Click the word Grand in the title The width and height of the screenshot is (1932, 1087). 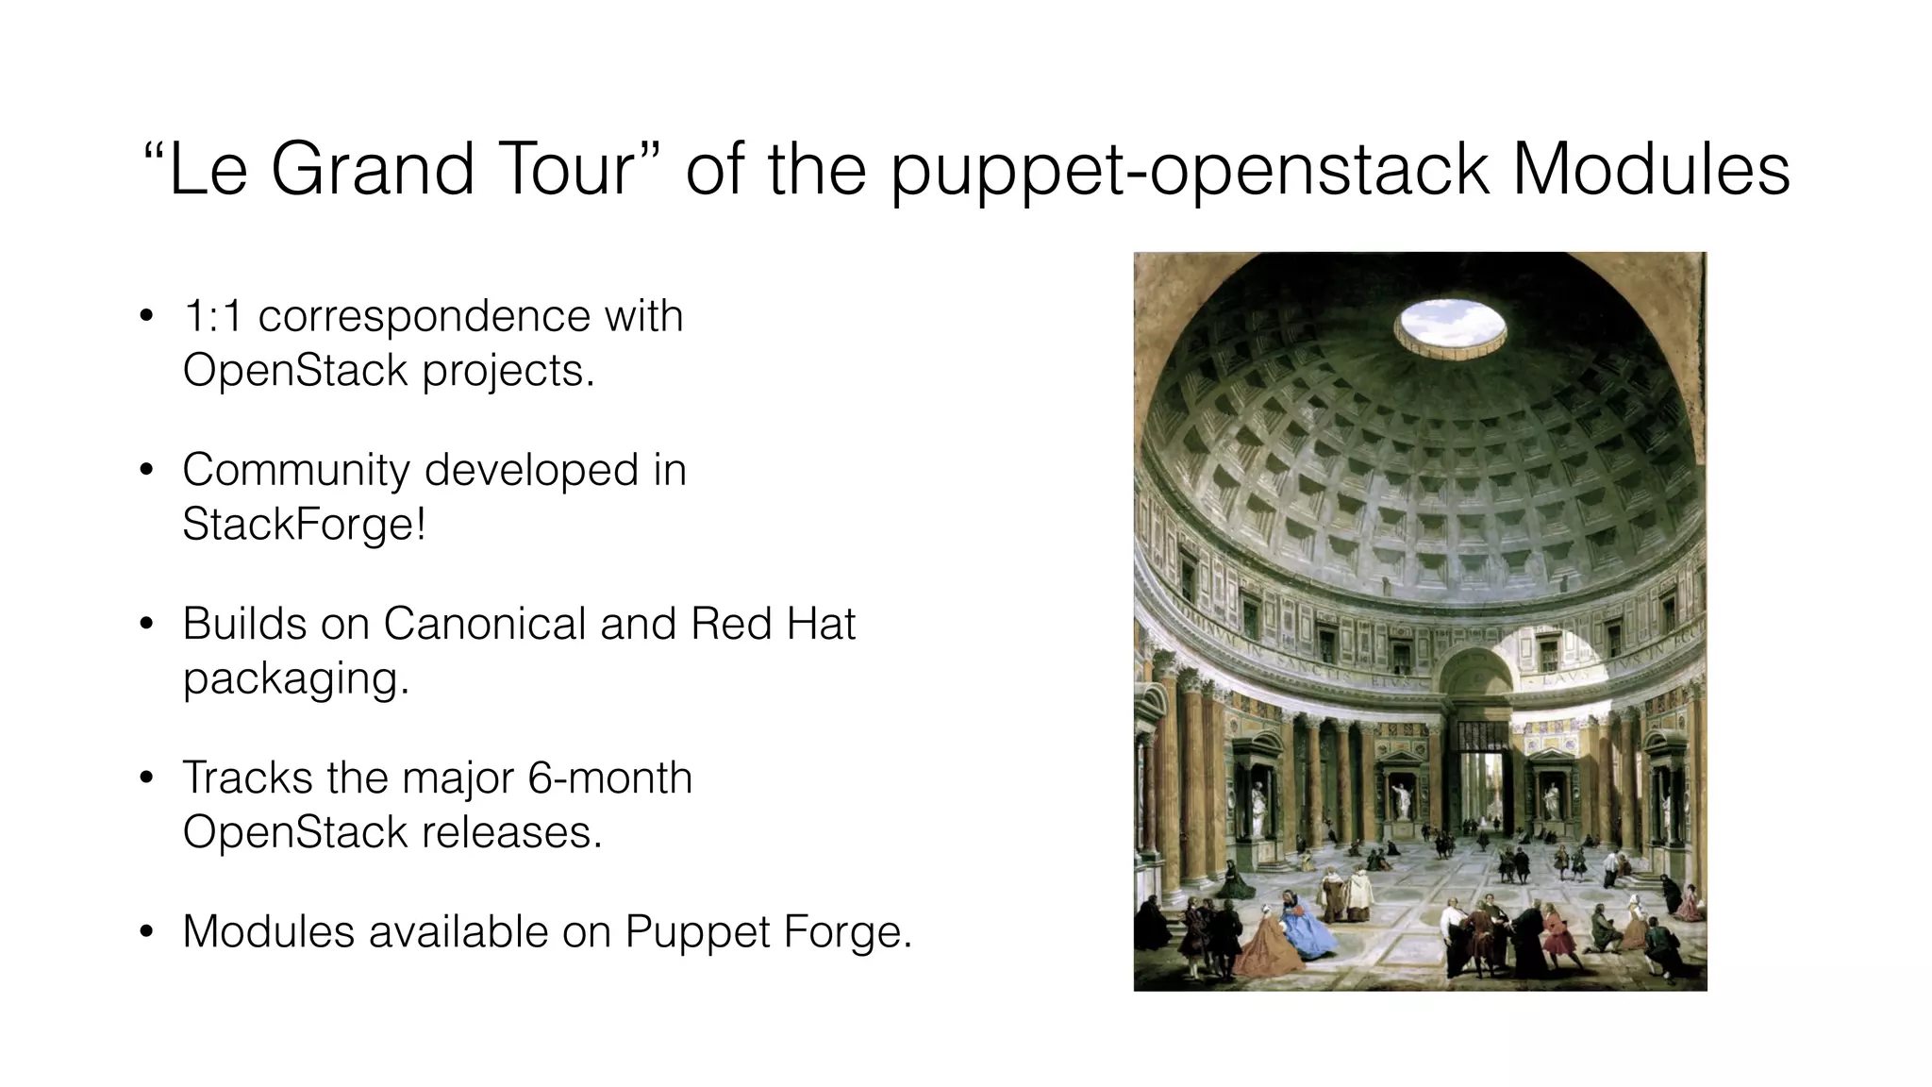373,170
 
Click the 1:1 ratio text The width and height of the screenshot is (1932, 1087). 211,316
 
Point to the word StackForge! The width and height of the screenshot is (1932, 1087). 304,524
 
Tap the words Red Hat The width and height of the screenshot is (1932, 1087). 773,624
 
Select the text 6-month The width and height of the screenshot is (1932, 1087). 609,778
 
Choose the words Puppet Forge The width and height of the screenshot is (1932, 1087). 767,932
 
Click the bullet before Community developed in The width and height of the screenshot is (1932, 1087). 145,471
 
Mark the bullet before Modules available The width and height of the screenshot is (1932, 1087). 145,932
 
